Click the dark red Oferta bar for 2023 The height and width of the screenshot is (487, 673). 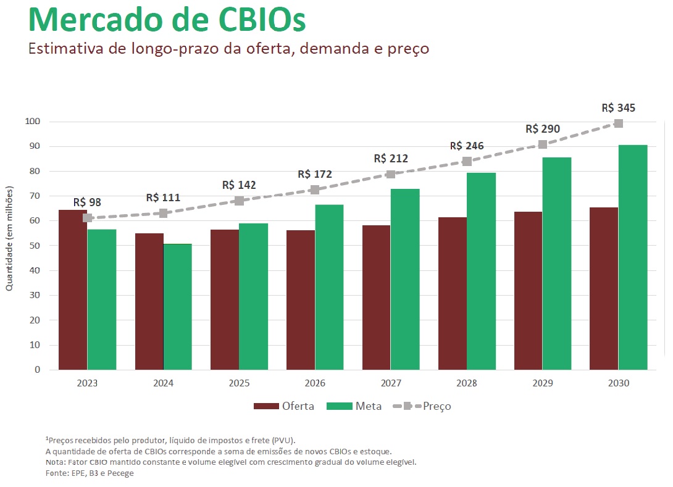pyautogui.click(x=73, y=290)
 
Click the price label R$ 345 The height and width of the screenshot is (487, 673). pyautogui.click(x=618, y=109)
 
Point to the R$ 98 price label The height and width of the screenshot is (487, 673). pyautogui.click(x=87, y=202)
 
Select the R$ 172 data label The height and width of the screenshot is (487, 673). pyautogui.click(x=315, y=175)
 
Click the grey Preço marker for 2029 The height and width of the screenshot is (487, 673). pyautogui.click(x=542, y=144)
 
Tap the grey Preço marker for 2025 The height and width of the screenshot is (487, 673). pyautogui.click(x=240, y=201)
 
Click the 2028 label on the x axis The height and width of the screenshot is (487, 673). pyautogui.click(x=467, y=383)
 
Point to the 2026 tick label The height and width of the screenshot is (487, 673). pyautogui.click(x=315, y=383)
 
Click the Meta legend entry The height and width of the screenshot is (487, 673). pyautogui.click(x=354, y=406)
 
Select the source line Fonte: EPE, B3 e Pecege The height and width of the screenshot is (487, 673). pyautogui.click(x=90, y=473)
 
